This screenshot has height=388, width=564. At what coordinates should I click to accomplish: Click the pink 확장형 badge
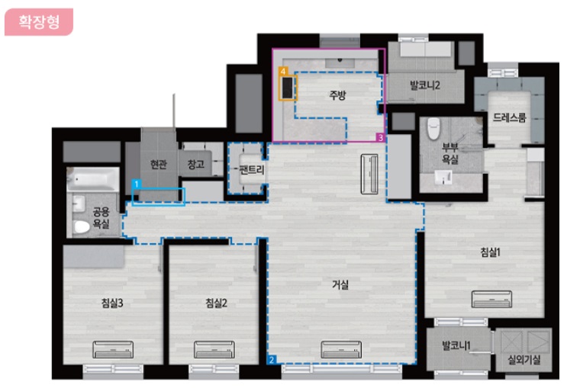tap(39, 22)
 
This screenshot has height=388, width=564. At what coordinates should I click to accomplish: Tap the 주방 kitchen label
tap(337, 95)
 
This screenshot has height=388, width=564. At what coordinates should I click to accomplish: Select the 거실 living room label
tap(340, 285)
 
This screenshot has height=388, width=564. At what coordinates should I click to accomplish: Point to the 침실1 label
tap(490, 252)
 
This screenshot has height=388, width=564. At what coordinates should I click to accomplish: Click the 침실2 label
tap(216, 303)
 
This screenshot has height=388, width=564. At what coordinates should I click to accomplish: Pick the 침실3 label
tap(112, 303)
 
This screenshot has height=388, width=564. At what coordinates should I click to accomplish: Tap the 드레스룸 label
tap(509, 117)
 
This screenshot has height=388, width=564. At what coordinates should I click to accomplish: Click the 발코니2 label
tap(425, 85)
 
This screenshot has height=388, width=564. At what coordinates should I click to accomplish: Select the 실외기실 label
tap(524, 360)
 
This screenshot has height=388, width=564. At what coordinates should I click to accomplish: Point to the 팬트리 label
tap(252, 169)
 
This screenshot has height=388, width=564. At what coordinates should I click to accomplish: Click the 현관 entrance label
tap(159, 165)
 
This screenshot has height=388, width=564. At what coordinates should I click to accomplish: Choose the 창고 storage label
tap(196, 165)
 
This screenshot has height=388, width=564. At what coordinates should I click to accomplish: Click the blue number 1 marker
tap(137, 184)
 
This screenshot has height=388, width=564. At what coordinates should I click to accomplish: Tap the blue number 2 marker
tap(272, 360)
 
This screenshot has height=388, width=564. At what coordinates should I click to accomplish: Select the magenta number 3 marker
tap(381, 137)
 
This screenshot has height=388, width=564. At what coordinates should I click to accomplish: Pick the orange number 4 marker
tap(283, 71)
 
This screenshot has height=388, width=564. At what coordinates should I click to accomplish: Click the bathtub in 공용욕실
tap(93, 179)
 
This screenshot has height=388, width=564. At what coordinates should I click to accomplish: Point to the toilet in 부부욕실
tap(433, 129)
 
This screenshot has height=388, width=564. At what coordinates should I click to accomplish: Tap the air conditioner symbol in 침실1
tap(491, 299)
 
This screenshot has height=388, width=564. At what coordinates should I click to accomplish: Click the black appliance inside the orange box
tap(288, 88)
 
